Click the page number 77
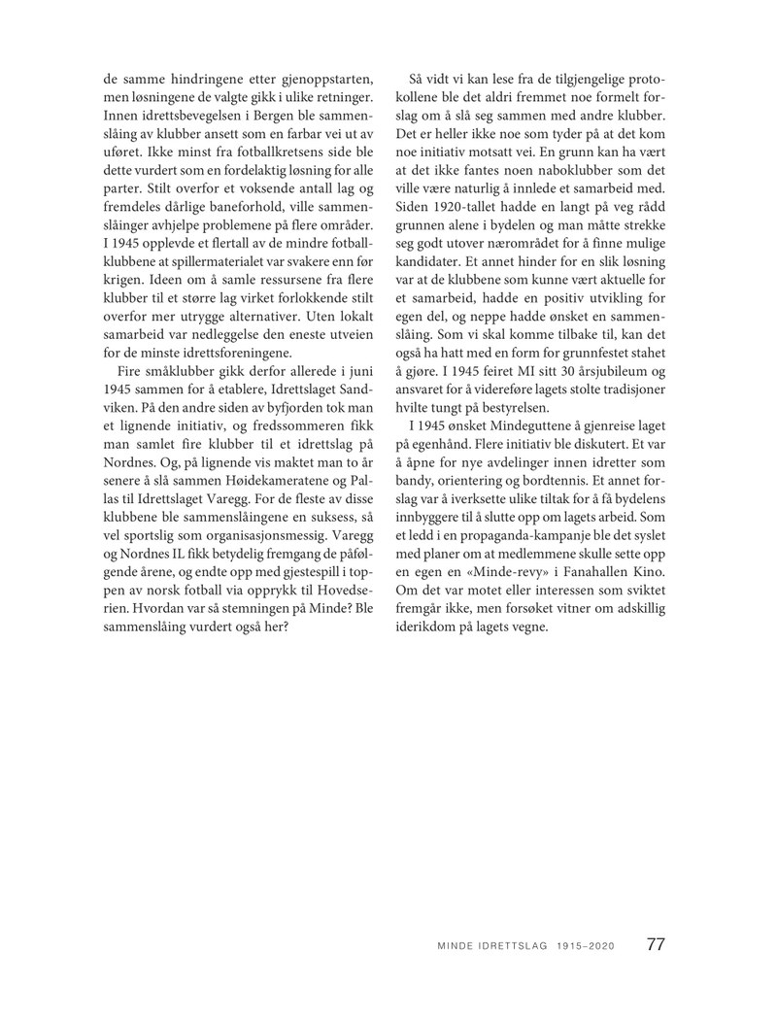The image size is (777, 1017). tap(656, 943)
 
